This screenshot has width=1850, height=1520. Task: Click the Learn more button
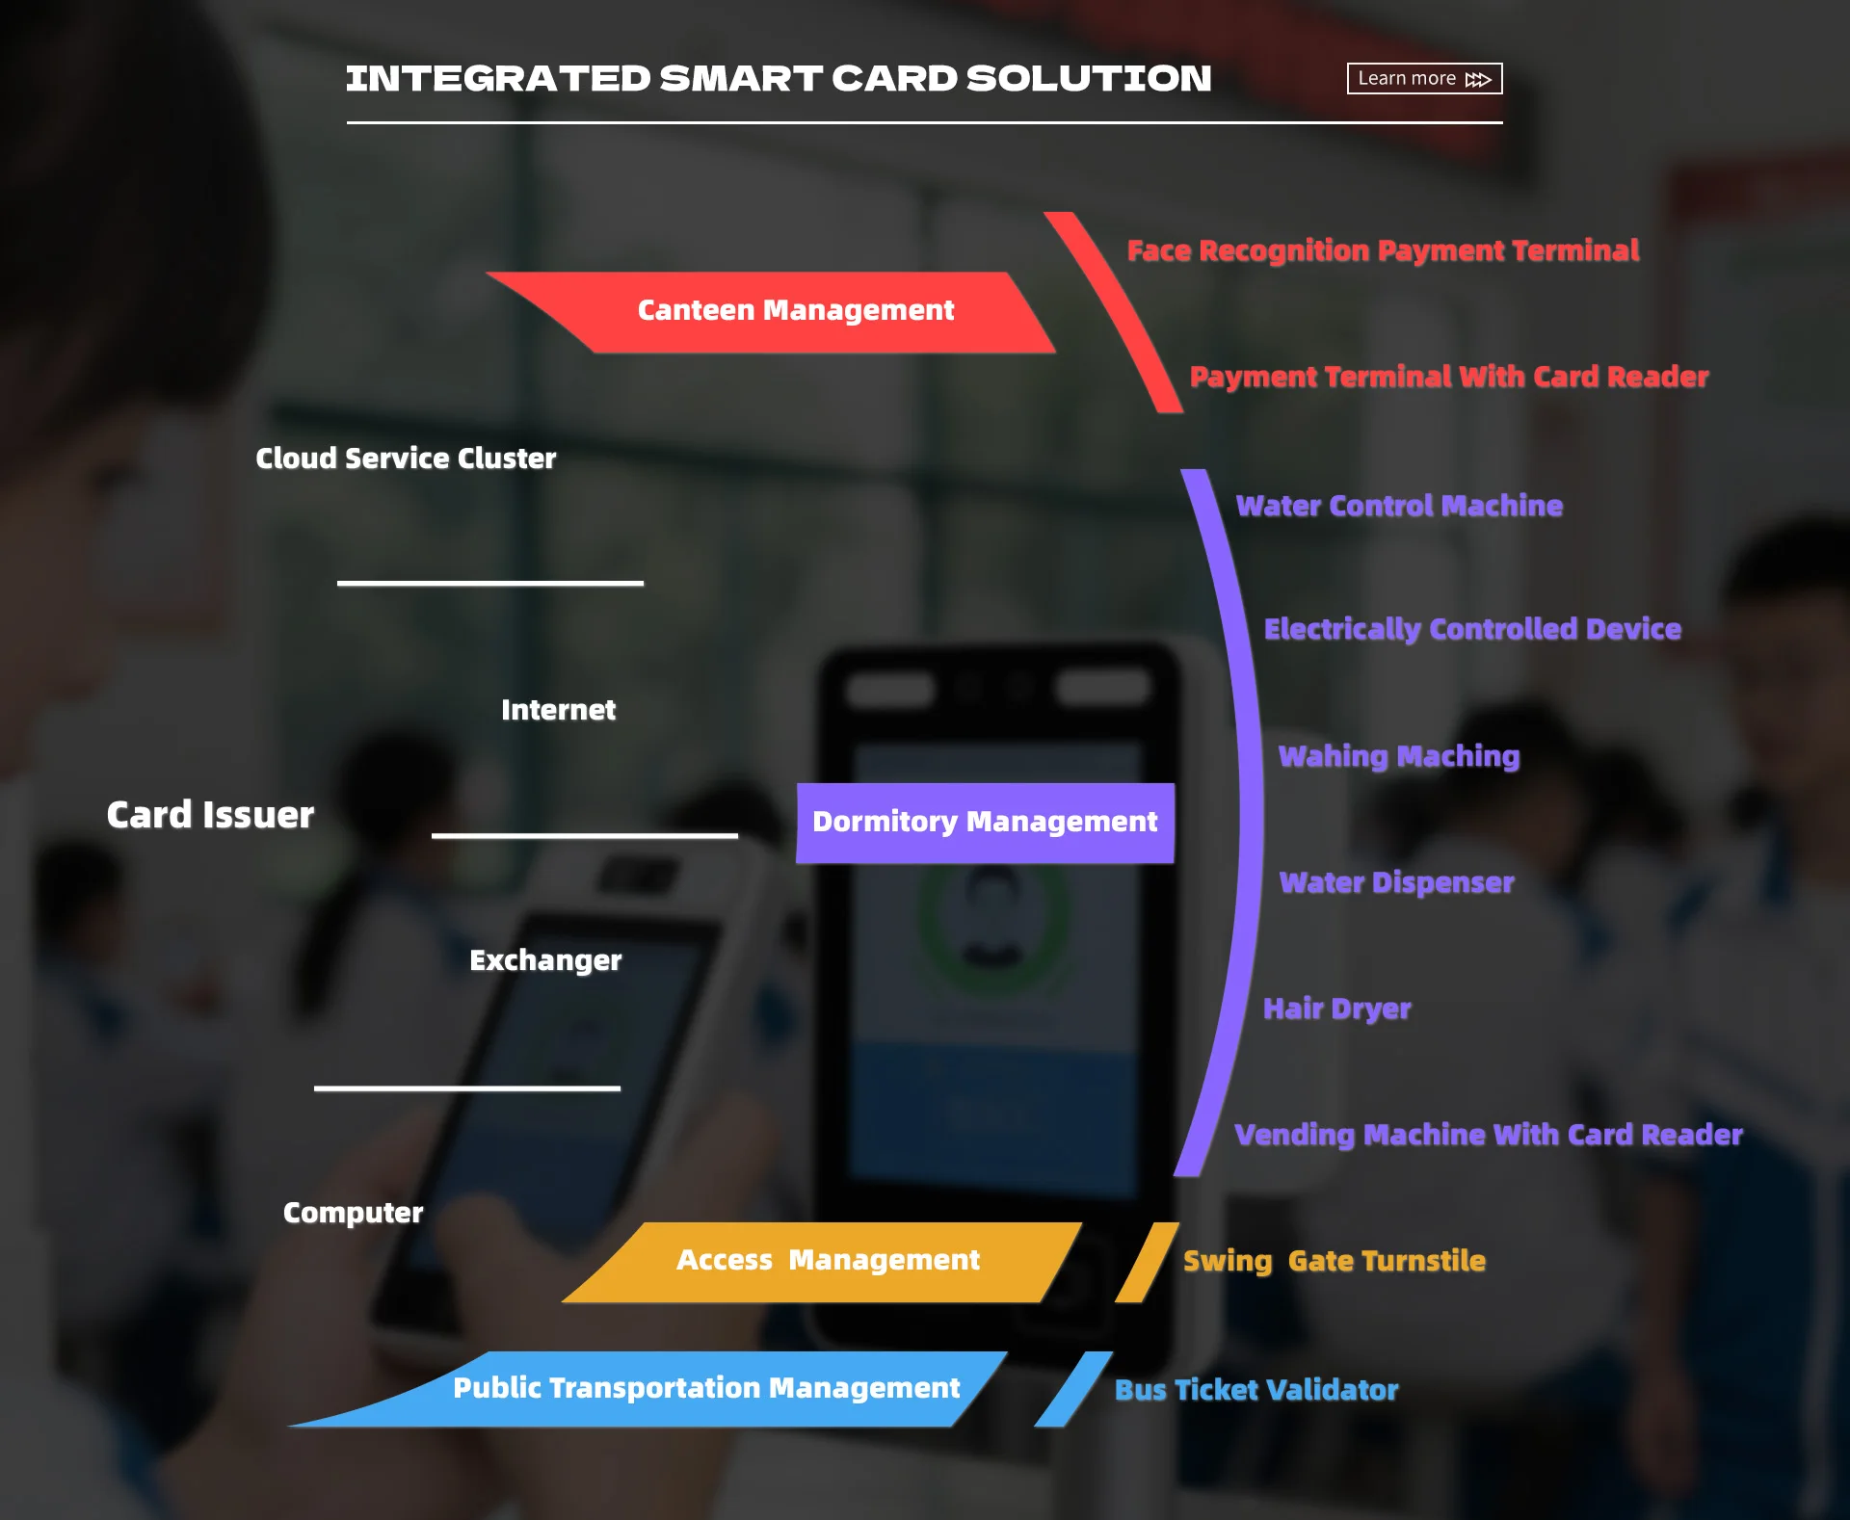pos(1424,78)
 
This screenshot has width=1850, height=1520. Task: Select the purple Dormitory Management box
pos(985,823)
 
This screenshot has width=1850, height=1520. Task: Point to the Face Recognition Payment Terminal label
pos(1383,250)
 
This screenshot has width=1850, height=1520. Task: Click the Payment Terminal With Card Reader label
pos(1449,377)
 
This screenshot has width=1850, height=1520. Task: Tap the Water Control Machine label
pos(1399,506)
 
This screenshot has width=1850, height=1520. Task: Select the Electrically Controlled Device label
pos(1472,629)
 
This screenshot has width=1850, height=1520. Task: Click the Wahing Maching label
pos(1399,756)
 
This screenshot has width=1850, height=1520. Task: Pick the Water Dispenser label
pos(1396,882)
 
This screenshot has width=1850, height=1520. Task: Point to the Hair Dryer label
pos(1336,1009)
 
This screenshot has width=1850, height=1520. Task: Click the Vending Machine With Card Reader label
pos(1489,1135)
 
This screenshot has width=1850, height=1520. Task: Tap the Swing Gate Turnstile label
pos(1335,1261)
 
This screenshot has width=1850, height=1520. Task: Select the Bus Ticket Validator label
pos(1256,1390)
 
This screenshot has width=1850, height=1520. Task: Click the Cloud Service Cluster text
pos(406,459)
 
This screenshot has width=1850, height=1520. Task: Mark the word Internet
pos(558,710)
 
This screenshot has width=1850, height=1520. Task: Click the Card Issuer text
pos(210,815)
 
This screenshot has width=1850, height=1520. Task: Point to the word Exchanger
pos(545,960)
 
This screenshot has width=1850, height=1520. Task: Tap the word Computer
pos(353,1213)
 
